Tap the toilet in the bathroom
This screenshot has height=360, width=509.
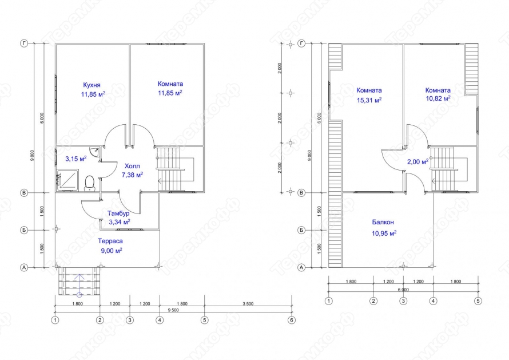[x=89, y=183]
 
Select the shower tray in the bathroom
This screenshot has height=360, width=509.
[x=68, y=181]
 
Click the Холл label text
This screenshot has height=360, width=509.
[x=132, y=166]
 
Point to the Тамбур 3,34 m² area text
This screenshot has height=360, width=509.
[x=119, y=221]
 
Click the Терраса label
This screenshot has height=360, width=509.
[x=110, y=241]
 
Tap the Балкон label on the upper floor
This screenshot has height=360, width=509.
[x=383, y=222]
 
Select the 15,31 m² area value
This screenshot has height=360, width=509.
[x=369, y=100]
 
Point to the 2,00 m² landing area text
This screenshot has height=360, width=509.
[x=417, y=162]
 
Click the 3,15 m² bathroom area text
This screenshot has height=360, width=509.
[x=75, y=159]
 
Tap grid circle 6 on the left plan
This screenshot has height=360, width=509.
[x=292, y=320]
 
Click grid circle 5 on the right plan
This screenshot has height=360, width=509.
[x=478, y=300]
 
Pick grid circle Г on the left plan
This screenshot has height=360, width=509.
[x=24, y=43]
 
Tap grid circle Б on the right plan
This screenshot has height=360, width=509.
[x=301, y=231]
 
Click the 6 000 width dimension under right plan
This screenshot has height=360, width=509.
[x=403, y=289]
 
